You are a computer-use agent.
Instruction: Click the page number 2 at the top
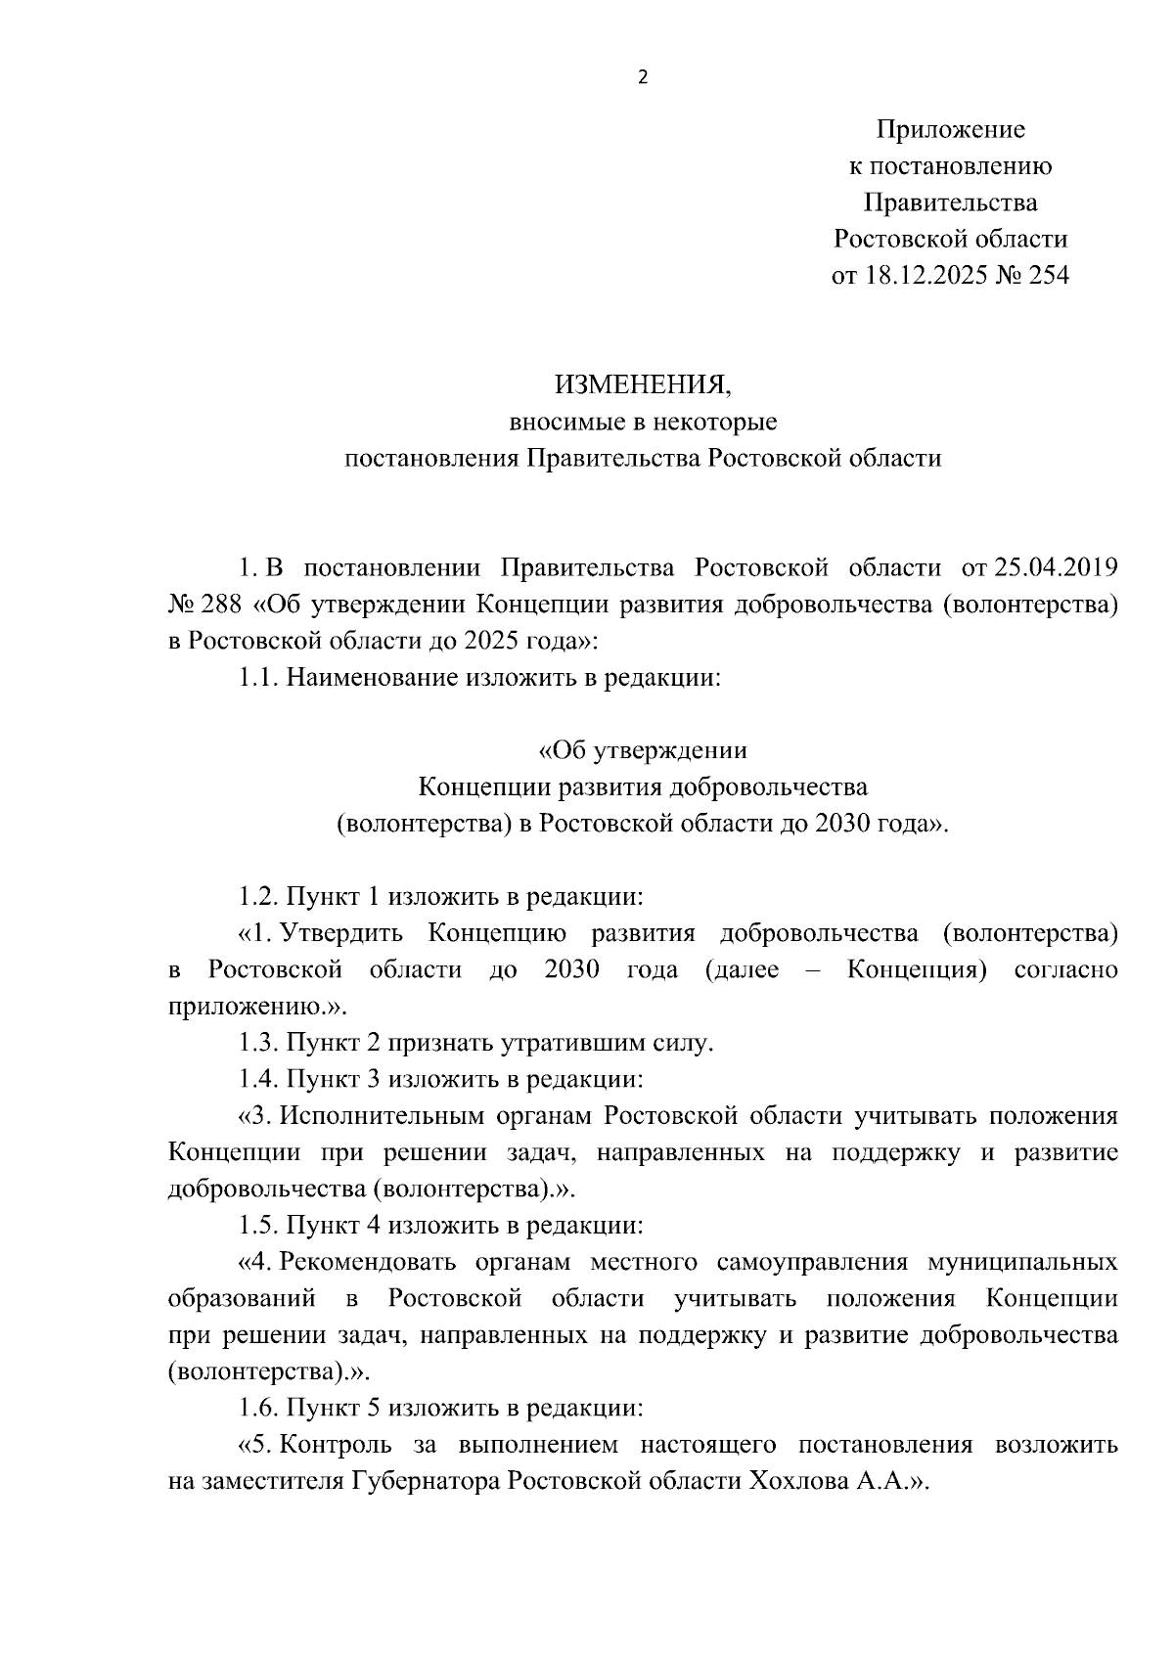click(643, 77)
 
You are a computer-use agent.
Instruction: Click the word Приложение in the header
click(950, 129)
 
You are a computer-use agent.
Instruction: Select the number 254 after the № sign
click(1049, 276)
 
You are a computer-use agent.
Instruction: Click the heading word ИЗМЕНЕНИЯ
click(643, 385)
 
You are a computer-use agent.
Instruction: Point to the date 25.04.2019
click(1056, 567)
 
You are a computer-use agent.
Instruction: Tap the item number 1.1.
click(259, 678)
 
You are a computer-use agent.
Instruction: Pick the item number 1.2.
click(259, 897)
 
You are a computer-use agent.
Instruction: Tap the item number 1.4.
click(259, 1080)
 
